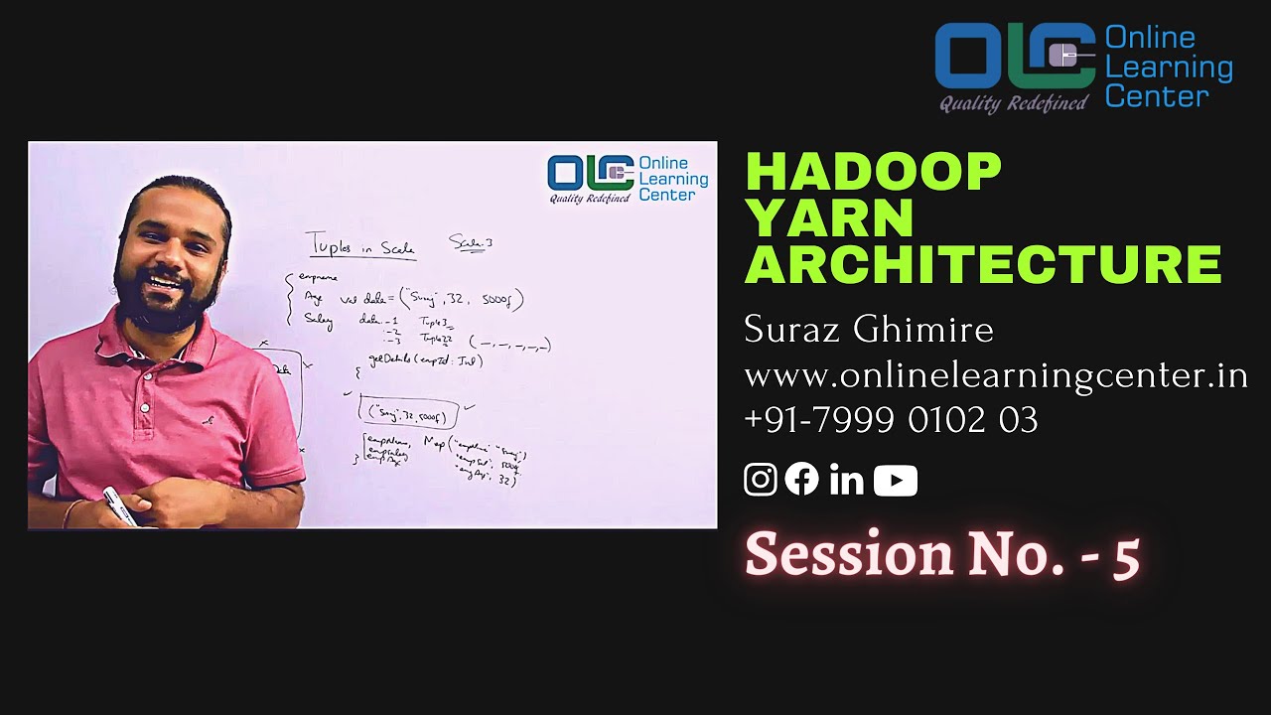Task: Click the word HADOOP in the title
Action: (873, 172)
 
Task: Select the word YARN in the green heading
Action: (829, 218)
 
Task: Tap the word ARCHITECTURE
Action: (983, 264)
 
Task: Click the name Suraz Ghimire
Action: (868, 330)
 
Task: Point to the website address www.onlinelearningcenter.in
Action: (995, 375)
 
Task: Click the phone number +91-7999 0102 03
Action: (891, 420)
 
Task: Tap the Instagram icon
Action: (761, 480)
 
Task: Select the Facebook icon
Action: (802, 480)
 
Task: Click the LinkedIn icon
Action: (846, 481)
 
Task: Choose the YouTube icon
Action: (896, 481)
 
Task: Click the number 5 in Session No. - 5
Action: (1126, 556)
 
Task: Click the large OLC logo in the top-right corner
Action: (1014, 57)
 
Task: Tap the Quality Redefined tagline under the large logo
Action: (1014, 103)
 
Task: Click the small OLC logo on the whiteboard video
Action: (591, 173)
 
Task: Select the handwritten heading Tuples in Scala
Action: (359, 246)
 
